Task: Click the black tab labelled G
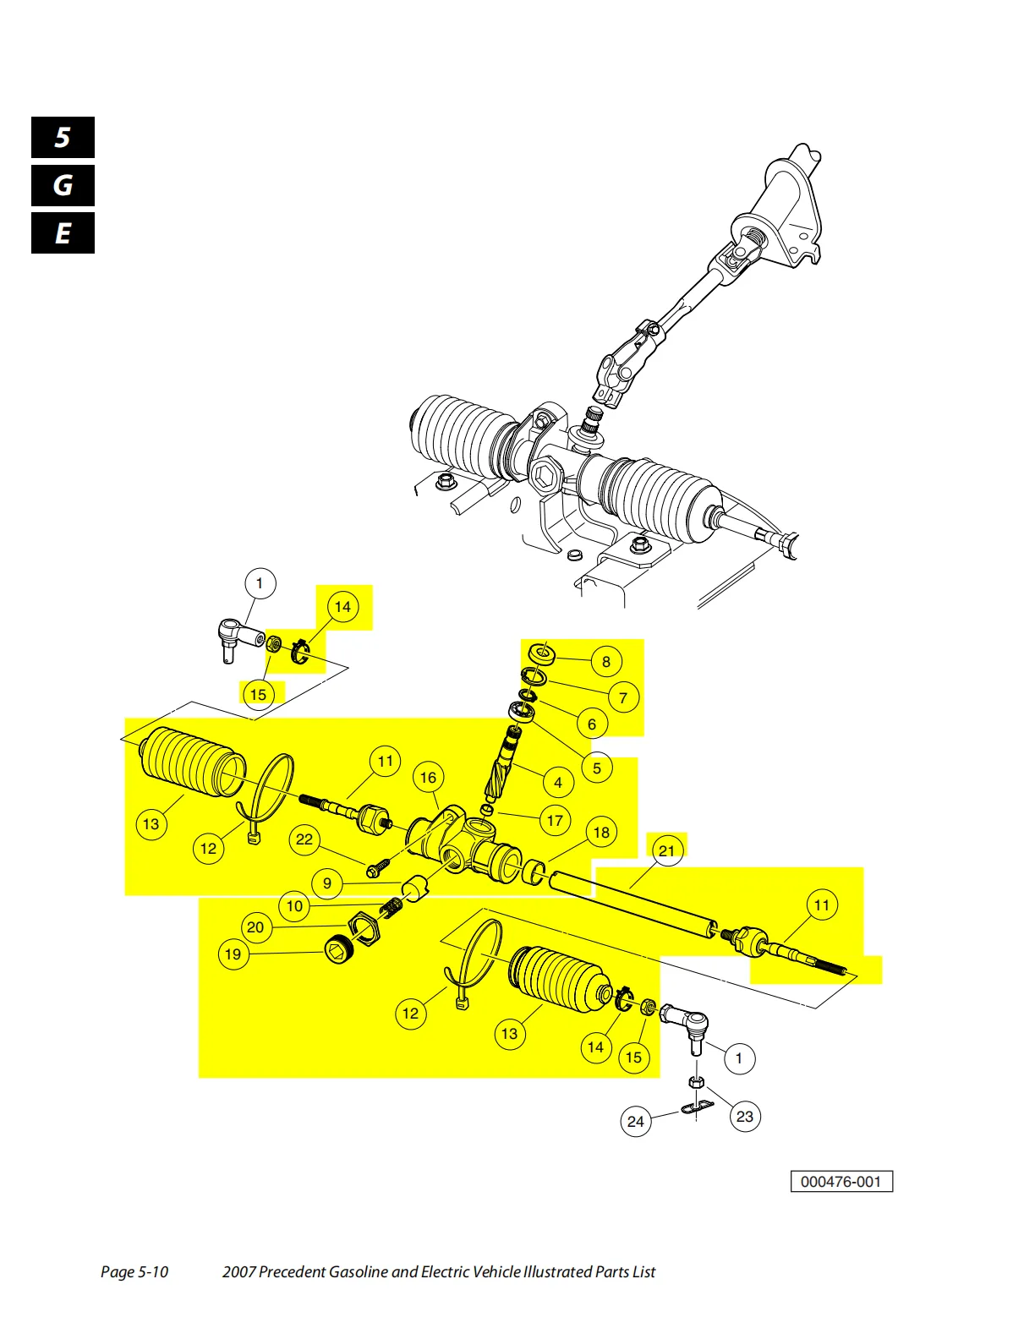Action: [x=63, y=185]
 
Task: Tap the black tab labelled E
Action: [x=63, y=233]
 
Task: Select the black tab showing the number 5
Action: [x=63, y=137]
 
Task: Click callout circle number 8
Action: [x=605, y=662]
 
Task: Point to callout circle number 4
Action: [x=557, y=782]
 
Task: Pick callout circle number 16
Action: [x=428, y=778]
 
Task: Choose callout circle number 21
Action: [x=666, y=850]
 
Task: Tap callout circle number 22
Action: [x=304, y=839]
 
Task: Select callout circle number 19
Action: [x=233, y=954]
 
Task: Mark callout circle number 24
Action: [x=636, y=1122]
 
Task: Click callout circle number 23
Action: [x=744, y=1117]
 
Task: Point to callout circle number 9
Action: [x=327, y=884]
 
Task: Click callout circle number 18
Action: [x=601, y=833]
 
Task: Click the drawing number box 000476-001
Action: [x=841, y=1182]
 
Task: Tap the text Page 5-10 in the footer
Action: [x=134, y=1271]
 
